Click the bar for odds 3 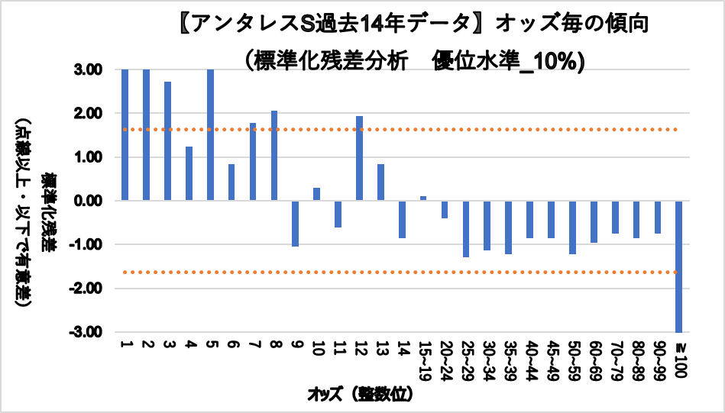[167, 141]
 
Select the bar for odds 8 [274, 156]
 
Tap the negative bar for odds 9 [295, 224]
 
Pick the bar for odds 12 [359, 159]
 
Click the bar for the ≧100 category [678, 266]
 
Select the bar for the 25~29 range [465, 229]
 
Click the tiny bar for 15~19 [422, 198]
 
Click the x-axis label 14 [401, 350]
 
